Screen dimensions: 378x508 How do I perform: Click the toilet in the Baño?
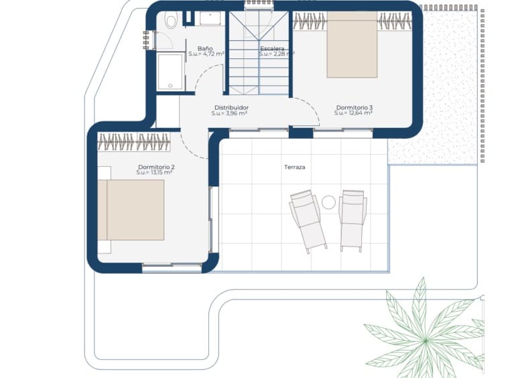click(171, 21)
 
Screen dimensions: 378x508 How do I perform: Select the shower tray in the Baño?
click(170, 72)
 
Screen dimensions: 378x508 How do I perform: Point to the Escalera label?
click(272, 49)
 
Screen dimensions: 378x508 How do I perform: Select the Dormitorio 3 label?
click(354, 107)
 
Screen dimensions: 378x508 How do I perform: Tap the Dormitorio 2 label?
click(156, 167)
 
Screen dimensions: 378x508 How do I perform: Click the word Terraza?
click(294, 167)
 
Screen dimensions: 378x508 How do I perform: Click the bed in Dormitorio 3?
click(352, 45)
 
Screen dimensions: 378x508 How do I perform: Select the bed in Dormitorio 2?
click(131, 210)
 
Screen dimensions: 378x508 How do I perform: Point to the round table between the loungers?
click(328, 202)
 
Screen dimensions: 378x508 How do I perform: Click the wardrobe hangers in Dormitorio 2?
click(134, 141)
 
